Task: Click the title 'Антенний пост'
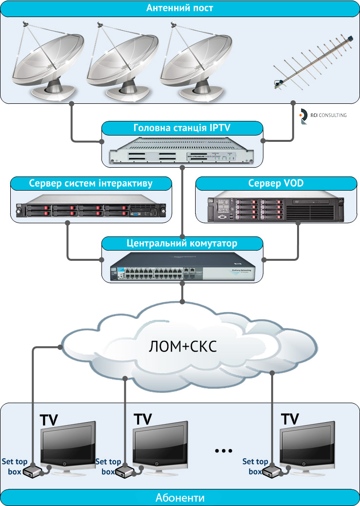180,8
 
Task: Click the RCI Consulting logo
322,116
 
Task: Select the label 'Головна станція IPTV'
182,129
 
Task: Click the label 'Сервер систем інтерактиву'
91,183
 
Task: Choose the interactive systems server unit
91,207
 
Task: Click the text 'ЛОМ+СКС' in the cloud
181,347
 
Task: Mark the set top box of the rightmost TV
270,471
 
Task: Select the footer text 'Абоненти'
180,498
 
